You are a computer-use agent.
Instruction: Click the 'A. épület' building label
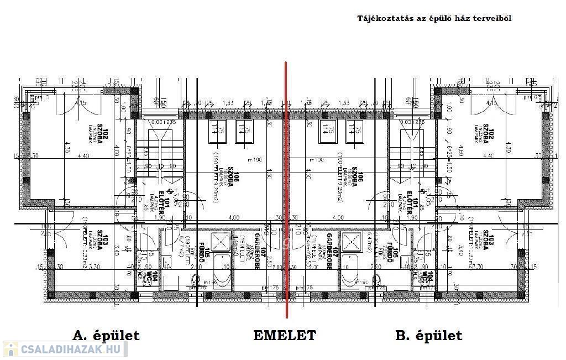(x=106, y=335)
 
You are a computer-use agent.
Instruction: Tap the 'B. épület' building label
(x=429, y=335)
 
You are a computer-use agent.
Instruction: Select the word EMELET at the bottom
(x=285, y=335)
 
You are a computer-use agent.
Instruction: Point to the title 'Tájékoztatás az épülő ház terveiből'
(x=434, y=18)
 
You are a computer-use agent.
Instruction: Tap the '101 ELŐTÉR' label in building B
(x=413, y=209)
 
